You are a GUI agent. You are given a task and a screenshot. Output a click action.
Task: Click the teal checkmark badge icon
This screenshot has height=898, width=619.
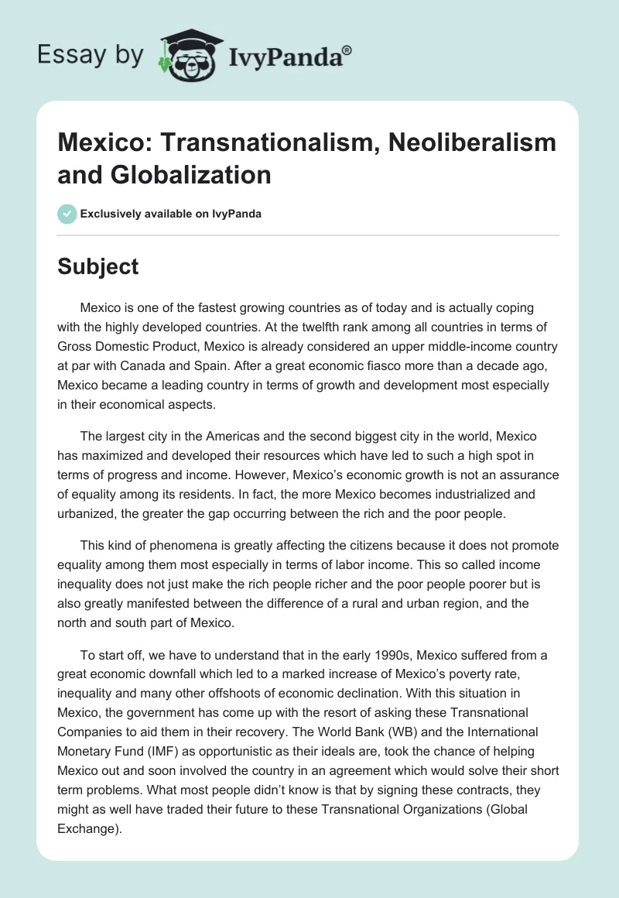[x=67, y=214]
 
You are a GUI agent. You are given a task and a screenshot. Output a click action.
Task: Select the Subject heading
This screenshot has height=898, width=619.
[x=98, y=266]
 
